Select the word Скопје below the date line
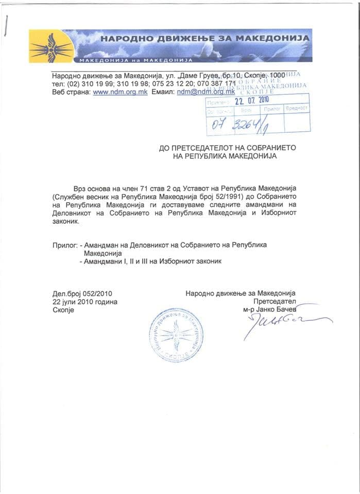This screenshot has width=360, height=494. [x=63, y=310]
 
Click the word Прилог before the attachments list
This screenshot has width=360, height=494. [x=64, y=244]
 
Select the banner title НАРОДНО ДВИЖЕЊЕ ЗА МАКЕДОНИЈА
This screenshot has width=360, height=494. [x=204, y=38]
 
